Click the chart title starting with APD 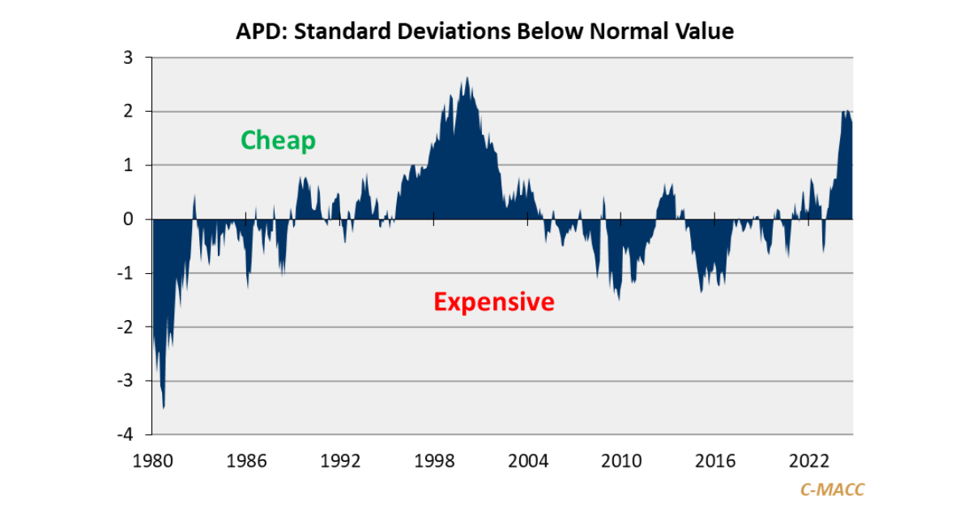click(484, 32)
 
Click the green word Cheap click(278, 140)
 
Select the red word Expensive click(494, 302)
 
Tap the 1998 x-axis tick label click(434, 461)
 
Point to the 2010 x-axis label click(621, 461)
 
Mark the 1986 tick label click(247, 461)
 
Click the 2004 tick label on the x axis click(528, 461)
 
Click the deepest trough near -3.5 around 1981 click(164, 407)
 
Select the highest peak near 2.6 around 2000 click(467, 79)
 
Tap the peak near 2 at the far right click(846, 111)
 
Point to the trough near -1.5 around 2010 click(619, 299)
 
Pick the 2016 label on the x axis click(715, 461)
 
